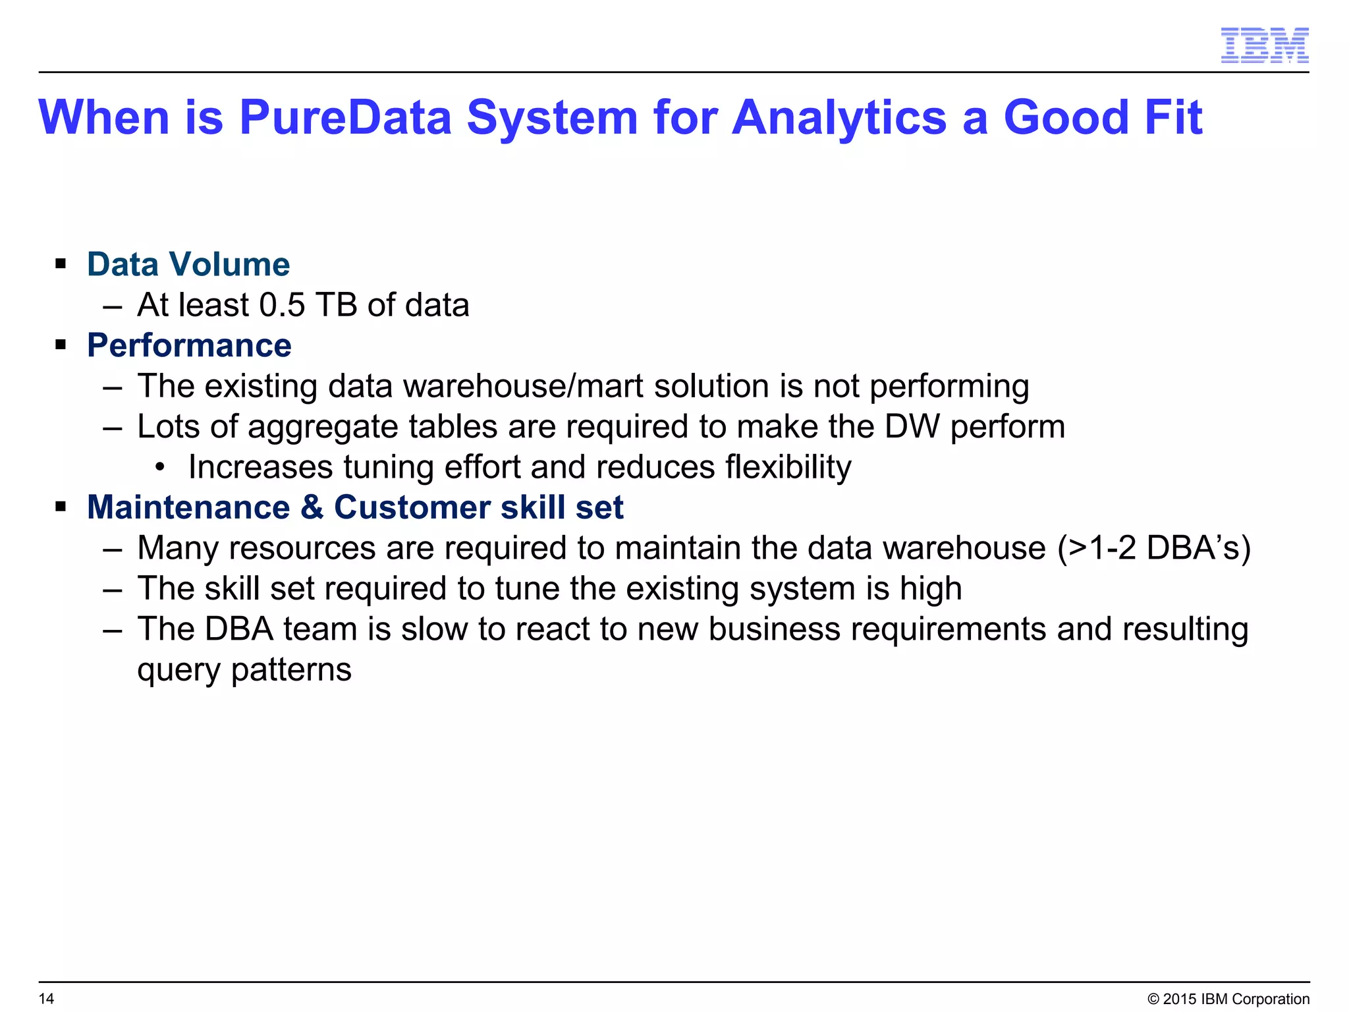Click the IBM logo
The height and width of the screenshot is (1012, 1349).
(1264, 45)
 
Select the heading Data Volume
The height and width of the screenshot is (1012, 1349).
(188, 265)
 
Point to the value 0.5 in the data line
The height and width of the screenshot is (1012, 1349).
(282, 305)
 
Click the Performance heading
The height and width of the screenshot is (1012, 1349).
(189, 345)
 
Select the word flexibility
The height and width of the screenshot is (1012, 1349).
(788, 467)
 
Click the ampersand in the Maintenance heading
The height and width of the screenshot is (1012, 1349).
(312, 508)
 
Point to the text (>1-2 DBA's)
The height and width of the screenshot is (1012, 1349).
(1153, 548)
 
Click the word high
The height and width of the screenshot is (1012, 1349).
(931, 589)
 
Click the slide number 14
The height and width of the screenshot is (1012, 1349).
(46, 999)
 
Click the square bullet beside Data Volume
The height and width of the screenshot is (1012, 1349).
(61, 265)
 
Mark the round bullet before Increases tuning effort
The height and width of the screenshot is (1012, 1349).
(159, 468)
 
